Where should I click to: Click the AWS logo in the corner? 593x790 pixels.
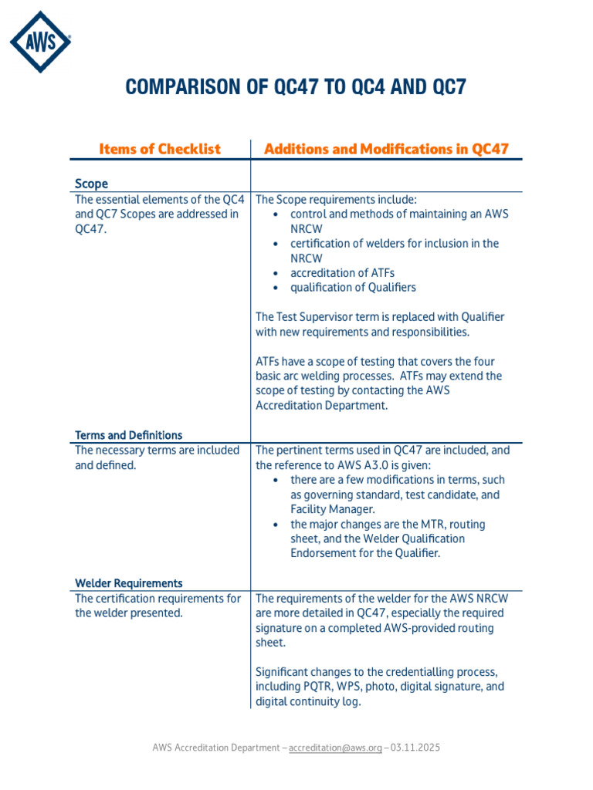click(x=40, y=42)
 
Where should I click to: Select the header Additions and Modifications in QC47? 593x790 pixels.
click(x=386, y=149)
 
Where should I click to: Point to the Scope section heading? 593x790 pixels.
click(x=91, y=184)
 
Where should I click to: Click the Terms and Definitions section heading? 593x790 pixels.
click(x=128, y=435)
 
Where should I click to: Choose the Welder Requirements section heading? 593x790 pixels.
click(x=128, y=583)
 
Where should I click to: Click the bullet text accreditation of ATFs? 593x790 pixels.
click(x=342, y=272)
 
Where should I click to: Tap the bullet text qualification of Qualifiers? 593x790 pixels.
click(x=353, y=287)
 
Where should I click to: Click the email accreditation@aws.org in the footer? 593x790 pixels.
click(x=335, y=748)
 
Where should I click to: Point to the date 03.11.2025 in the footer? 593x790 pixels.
click(x=415, y=748)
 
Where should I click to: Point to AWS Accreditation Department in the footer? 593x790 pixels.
click(x=219, y=748)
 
